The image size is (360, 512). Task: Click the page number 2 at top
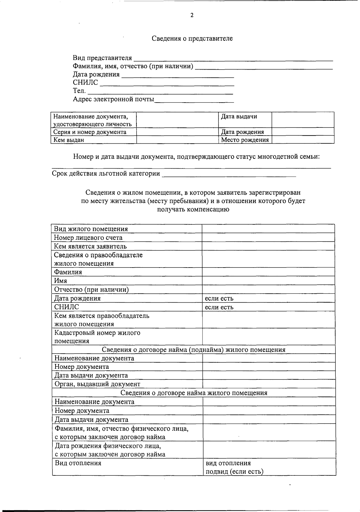[192, 16]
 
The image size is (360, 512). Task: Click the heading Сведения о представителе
[192, 38]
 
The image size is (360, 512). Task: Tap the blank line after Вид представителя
[233, 58]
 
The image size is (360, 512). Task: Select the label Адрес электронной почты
[113, 99]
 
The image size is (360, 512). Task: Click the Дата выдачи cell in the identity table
[239, 117]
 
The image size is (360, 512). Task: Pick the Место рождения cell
[245, 140]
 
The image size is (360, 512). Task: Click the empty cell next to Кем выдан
[177, 140]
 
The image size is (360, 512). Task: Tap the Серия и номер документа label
[90, 132]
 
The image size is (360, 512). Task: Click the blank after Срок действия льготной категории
[229, 174]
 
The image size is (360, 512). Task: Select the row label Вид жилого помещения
[91, 229]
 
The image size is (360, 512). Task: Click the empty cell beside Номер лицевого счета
[268, 238]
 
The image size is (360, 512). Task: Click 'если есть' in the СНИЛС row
[219, 307]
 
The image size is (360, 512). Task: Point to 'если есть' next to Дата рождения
[219, 298]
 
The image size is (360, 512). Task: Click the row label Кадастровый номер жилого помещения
[97, 337]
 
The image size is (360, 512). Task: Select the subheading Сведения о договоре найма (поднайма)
[193, 350]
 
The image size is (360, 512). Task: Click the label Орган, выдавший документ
[97, 384]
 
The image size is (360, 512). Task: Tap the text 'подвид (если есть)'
[234, 472]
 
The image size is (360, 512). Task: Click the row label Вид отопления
[78, 463]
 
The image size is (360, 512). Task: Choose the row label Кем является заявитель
[90, 246]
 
